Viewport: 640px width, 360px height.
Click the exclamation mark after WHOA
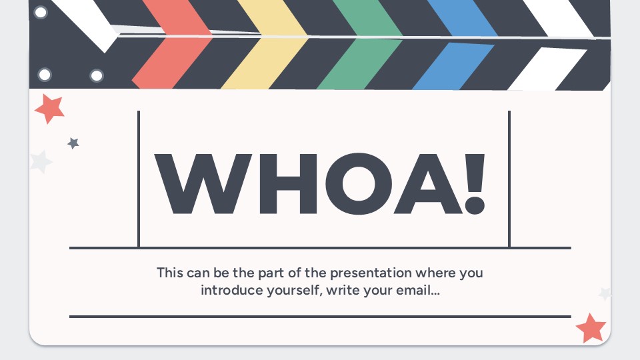[474, 183]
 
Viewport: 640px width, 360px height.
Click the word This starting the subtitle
[169, 273]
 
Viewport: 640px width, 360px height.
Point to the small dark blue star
[73, 143]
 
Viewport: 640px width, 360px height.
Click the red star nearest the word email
[591, 327]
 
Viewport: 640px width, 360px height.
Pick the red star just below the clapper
[50, 107]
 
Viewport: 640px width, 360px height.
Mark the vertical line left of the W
[139, 179]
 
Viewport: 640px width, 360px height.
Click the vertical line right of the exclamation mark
[509, 179]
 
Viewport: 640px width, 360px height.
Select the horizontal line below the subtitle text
[320, 316]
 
